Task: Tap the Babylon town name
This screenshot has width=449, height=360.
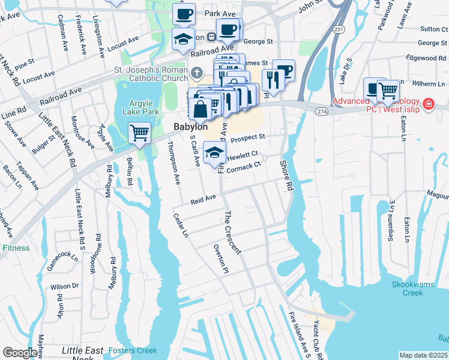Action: pos(190,127)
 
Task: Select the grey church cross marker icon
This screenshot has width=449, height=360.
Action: pos(197,74)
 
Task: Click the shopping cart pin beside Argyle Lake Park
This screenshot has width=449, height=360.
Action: pos(140,133)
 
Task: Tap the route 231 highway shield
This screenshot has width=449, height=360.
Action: pos(339,46)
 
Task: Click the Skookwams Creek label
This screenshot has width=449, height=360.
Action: pos(416,289)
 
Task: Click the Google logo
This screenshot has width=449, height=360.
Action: pos(20,353)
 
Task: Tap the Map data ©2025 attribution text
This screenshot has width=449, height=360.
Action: pos(423,355)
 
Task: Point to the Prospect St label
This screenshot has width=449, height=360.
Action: pos(247,139)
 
